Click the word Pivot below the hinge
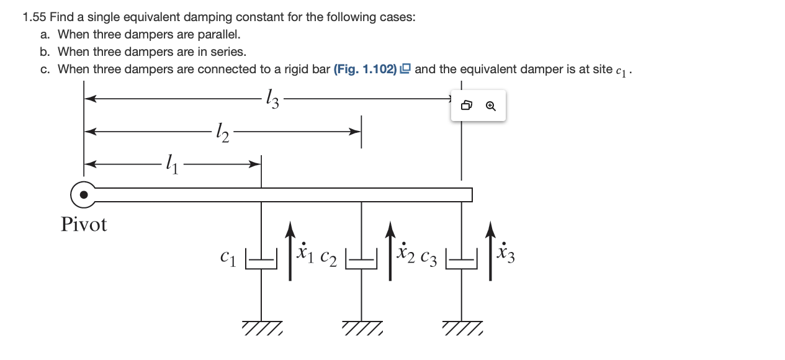point(84,225)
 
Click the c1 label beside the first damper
point(228,256)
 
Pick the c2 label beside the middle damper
point(328,257)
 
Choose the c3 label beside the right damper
point(429,257)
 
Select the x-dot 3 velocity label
point(506,251)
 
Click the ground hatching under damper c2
point(362,326)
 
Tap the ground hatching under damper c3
point(462,326)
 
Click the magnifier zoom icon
point(491,106)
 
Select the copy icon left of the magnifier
point(467,106)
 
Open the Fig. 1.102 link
point(365,69)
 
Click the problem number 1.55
point(34,17)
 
